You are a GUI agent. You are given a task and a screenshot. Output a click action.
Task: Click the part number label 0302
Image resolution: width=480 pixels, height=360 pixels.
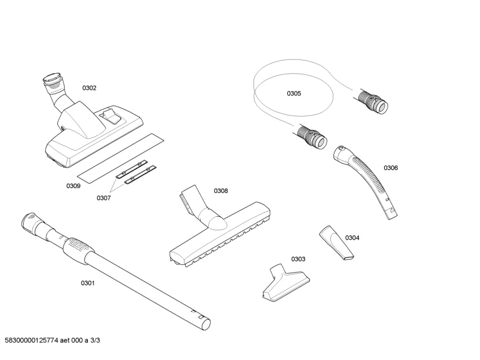point(90,88)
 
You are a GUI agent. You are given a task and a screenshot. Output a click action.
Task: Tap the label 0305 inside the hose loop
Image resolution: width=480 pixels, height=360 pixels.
point(294,94)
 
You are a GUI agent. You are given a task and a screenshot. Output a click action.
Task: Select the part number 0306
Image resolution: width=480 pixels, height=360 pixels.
point(390,168)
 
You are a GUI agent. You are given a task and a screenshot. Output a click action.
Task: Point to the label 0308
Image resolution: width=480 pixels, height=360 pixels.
point(220,191)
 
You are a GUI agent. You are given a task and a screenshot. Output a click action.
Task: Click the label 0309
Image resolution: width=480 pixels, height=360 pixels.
point(73,185)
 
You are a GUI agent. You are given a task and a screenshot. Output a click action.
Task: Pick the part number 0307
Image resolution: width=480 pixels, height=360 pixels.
point(103,198)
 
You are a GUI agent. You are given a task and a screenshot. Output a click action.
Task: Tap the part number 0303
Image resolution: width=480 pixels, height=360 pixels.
point(298,259)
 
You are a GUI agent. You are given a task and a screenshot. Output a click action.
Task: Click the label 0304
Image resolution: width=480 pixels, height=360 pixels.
point(352,238)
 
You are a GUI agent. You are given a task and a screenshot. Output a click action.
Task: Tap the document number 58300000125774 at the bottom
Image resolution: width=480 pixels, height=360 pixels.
point(33,340)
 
